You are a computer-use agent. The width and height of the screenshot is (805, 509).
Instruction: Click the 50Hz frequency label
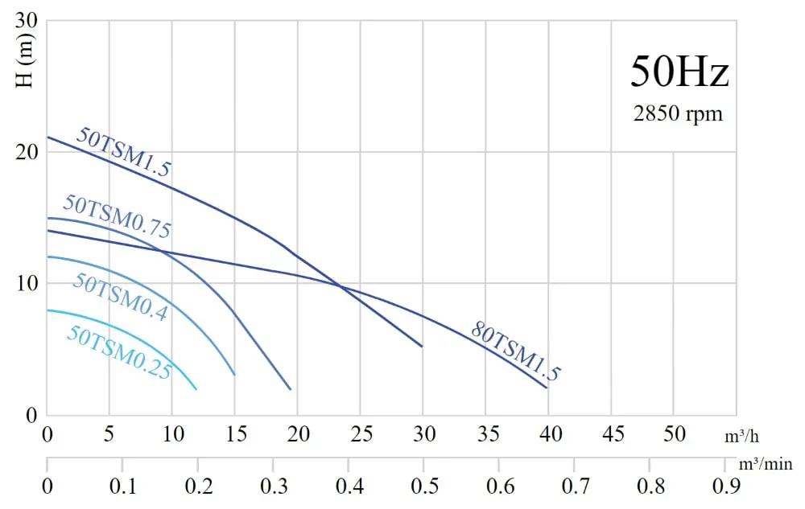pos(679,72)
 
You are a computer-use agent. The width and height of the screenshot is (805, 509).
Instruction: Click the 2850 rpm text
pos(678,113)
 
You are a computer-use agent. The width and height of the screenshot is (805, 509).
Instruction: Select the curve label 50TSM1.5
pos(123,151)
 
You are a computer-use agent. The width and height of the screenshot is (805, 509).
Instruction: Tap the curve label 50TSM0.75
pos(118,216)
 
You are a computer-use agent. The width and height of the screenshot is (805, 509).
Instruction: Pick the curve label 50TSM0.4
pos(120,297)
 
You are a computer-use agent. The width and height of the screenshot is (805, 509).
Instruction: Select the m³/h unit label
pos(741,437)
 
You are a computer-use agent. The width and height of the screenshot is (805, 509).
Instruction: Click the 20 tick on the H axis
pos(28,152)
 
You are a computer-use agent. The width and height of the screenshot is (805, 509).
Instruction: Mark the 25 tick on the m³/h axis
pos(361,435)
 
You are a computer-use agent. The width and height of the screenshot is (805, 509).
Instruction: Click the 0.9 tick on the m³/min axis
pos(724,486)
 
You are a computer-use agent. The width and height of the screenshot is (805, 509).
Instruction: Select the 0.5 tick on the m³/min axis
pos(423,486)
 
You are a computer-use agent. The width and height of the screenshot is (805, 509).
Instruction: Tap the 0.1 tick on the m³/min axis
pos(122,486)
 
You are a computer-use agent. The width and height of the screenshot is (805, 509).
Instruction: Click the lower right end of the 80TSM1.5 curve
pos(547,388)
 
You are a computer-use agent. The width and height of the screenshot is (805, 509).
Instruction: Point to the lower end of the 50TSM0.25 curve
pos(196,389)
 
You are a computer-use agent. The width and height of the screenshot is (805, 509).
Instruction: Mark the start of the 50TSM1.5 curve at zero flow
pos(47,138)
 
